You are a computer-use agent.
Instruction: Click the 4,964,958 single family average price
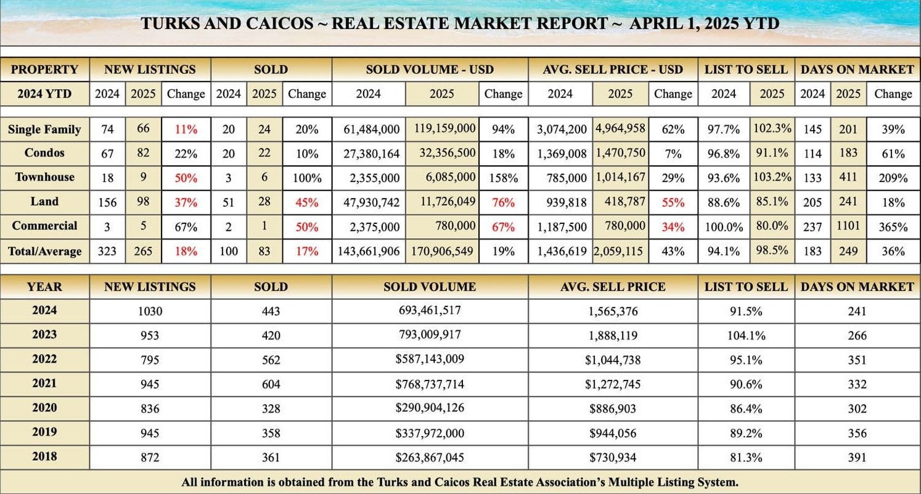[x=621, y=129]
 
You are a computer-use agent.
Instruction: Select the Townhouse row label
[x=44, y=177]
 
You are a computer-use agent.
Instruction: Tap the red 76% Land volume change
[x=503, y=202]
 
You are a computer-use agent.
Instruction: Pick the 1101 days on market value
[x=848, y=226]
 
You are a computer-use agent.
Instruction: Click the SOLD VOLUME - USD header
[x=430, y=69]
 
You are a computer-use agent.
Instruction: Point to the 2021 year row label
[x=44, y=384]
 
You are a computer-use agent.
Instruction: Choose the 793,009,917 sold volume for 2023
[x=430, y=335]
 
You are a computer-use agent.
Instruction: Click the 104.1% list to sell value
[x=746, y=336]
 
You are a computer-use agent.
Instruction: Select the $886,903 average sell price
[x=612, y=408]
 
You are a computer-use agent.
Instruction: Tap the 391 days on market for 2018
[x=856, y=457]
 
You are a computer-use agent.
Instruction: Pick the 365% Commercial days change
[x=893, y=226]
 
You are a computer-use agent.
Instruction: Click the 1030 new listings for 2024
[x=150, y=311]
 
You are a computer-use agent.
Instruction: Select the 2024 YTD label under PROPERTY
[x=44, y=94]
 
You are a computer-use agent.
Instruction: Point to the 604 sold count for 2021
[x=271, y=384]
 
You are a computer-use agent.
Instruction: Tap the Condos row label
[x=44, y=152]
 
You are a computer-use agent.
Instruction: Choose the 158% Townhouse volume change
[x=503, y=178]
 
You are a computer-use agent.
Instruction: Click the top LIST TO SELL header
[x=746, y=69]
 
